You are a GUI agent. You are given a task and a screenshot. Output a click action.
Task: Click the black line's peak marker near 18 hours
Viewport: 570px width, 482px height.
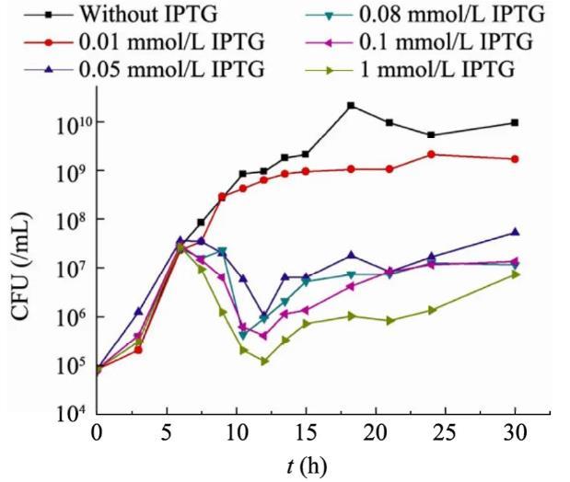point(351,106)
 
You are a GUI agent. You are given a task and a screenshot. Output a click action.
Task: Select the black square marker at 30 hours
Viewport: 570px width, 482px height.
point(515,122)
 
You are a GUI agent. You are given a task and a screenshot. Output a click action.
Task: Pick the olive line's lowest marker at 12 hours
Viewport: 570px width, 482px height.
point(264,361)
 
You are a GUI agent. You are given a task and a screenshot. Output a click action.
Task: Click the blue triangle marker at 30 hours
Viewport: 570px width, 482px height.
point(515,232)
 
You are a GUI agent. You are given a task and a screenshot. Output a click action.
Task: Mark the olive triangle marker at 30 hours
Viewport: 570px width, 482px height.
point(515,274)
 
